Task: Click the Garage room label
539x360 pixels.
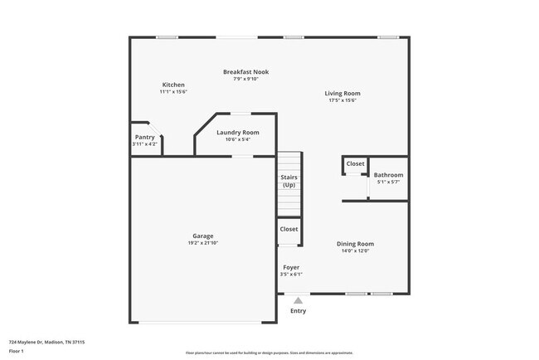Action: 203,236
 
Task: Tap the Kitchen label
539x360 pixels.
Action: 173,85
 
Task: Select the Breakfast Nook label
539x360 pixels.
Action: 245,72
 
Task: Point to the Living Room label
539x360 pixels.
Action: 342,93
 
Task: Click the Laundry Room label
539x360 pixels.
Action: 237,132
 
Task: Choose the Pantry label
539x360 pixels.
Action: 144,138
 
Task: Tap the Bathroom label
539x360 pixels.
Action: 388,175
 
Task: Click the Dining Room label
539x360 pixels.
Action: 355,244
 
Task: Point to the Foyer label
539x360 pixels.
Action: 291,267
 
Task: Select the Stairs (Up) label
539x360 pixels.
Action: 289,181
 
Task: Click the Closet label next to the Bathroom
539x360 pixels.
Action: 355,163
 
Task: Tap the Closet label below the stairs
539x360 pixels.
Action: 289,229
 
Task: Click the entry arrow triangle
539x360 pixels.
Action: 299,301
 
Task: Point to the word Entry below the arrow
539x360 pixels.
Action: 298,311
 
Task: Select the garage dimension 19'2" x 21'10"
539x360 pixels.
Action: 203,243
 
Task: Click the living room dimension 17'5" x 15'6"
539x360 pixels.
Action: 342,100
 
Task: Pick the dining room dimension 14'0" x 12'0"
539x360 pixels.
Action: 355,251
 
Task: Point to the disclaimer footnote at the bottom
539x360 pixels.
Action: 269,353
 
